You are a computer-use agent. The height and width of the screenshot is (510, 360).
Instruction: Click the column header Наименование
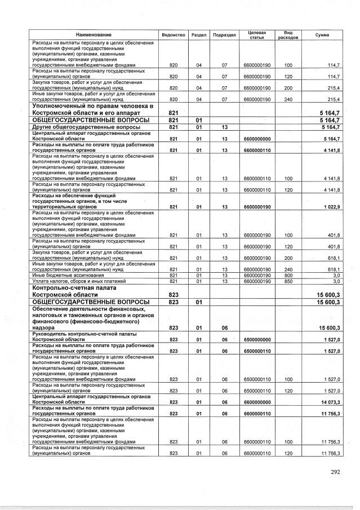pyautogui.click(x=94, y=35)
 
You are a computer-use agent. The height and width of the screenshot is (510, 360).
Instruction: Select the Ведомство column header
pyautogui.click(x=174, y=35)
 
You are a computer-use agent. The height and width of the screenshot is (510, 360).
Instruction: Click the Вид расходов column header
pyautogui.click(x=288, y=35)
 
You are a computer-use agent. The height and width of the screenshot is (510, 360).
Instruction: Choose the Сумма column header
pyautogui.click(x=322, y=35)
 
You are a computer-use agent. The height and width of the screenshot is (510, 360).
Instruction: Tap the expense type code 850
pyautogui.click(x=288, y=281)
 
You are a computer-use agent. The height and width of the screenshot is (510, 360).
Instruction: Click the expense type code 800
pyautogui.click(x=288, y=275)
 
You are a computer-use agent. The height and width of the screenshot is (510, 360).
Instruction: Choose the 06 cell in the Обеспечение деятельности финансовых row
pyautogui.click(x=224, y=327)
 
